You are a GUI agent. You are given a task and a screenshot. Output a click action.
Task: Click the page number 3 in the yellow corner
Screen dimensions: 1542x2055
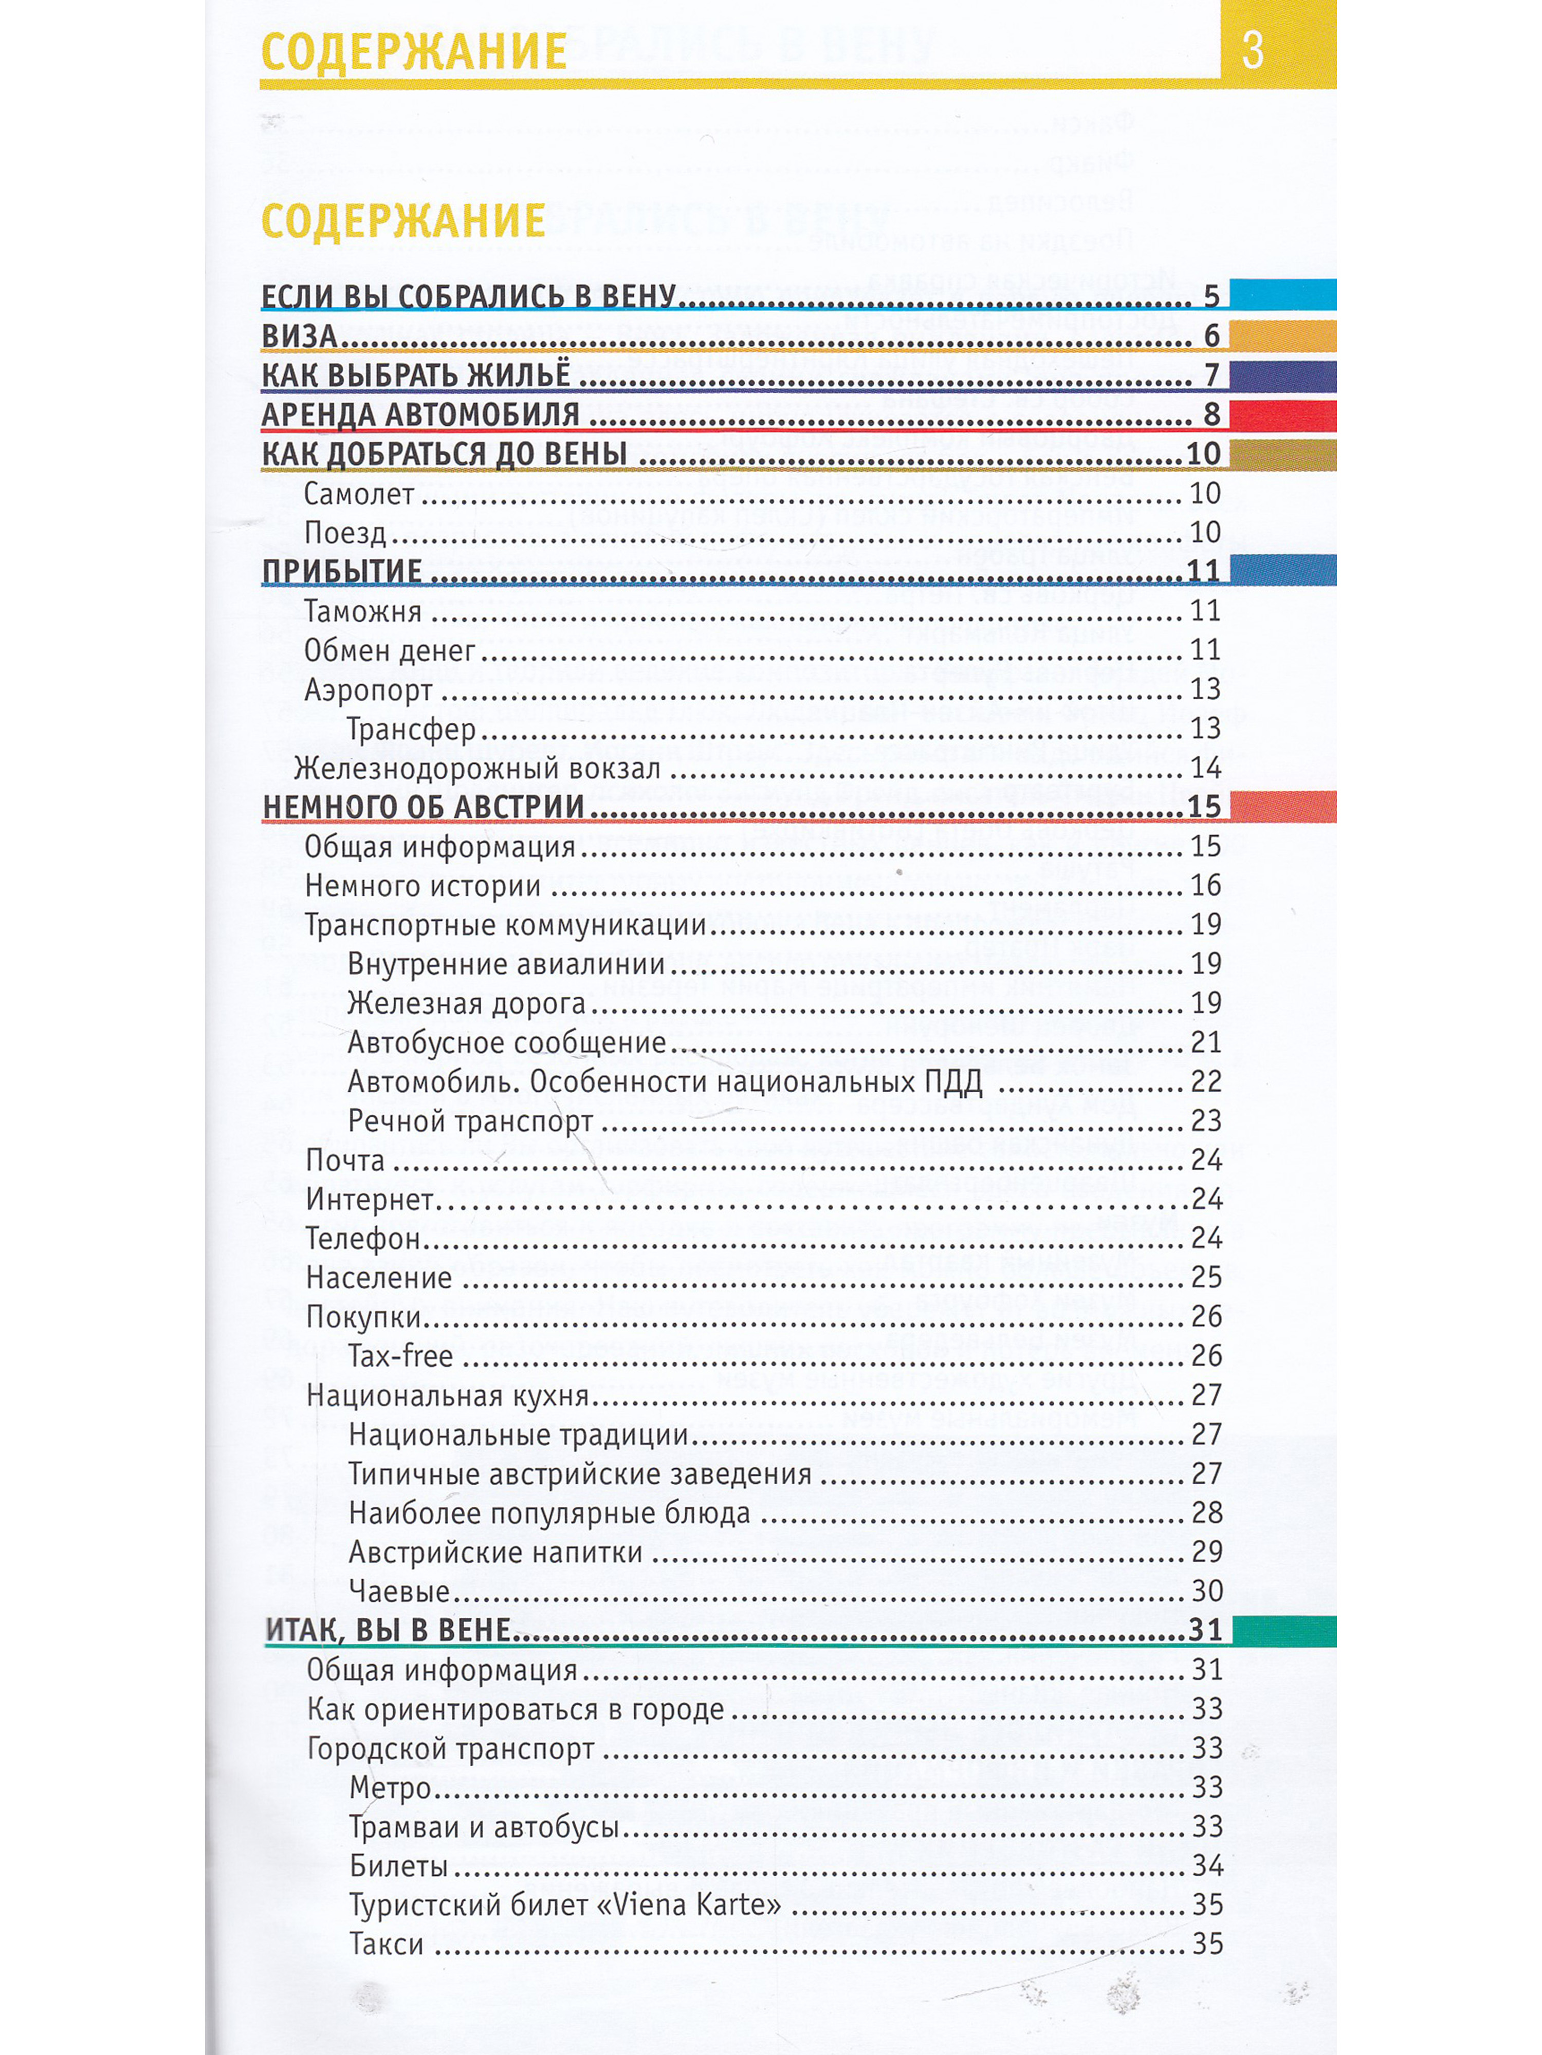pos(1252,50)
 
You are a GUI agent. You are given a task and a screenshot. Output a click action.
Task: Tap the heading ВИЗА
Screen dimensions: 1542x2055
pos(299,335)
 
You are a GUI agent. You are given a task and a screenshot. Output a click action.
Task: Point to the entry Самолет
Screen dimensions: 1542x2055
pos(359,493)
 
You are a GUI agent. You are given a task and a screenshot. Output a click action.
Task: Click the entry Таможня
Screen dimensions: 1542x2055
pos(362,611)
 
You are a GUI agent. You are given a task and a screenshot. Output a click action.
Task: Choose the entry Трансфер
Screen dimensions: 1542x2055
pos(411,730)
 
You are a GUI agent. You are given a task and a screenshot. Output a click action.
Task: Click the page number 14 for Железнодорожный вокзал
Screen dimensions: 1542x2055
pos(1205,768)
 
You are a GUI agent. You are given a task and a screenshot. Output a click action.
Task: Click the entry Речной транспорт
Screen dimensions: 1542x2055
pos(470,1122)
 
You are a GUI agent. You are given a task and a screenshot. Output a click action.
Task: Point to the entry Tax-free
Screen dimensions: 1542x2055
pos(400,1356)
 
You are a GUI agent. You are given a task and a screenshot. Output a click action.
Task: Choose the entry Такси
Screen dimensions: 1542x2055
pos(387,1944)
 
